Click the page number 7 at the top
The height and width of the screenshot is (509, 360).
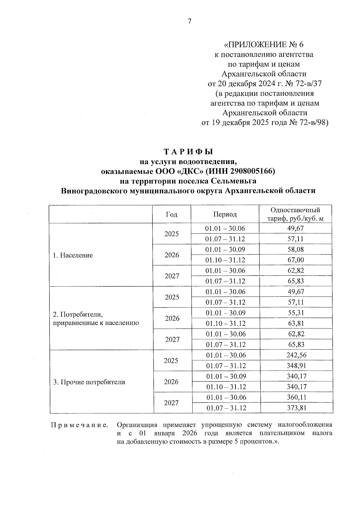tap(189, 21)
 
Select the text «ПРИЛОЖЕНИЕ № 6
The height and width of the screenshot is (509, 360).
tap(264, 45)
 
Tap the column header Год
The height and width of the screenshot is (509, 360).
tap(172, 214)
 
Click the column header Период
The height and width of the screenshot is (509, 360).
tap(225, 214)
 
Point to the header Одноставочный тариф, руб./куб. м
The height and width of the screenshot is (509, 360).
tap(295, 214)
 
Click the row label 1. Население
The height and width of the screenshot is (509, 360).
tap(73, 255)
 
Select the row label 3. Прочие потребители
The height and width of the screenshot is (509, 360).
tap(89, 382)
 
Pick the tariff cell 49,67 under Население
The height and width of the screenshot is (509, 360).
tap(295, 229)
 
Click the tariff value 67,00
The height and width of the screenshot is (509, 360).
tap(295, 260)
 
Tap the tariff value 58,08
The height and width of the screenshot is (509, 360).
tap(295, 250)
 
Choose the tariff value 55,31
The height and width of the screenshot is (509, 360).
tap(296, 313)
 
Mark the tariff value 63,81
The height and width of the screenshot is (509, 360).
tap(296, 323)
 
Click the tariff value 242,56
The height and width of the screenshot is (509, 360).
tap(296, 355)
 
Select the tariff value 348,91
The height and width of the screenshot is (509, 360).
tap(296, 366)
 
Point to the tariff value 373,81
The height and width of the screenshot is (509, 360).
tap(296, 408)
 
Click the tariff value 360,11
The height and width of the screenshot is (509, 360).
tap(296, 397)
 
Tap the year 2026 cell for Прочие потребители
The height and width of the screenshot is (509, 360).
tap(172, 382)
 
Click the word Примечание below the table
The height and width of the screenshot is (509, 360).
tap(80, 425)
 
